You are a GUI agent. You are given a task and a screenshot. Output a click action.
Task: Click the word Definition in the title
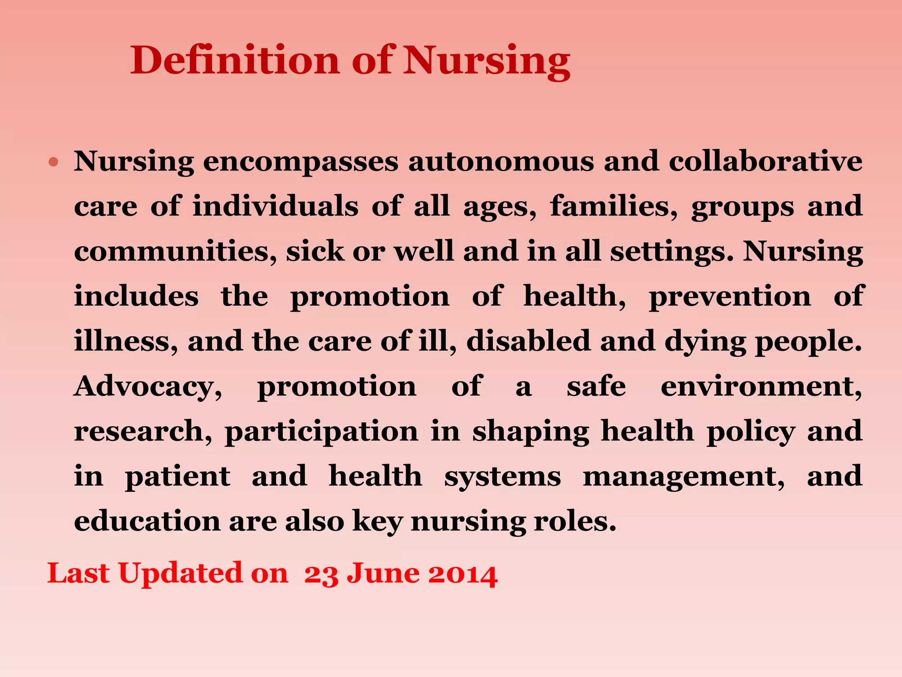point(235,60)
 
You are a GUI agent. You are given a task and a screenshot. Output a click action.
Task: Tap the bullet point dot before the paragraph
point(54,162)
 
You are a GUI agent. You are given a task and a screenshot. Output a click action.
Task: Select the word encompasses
point(300,162)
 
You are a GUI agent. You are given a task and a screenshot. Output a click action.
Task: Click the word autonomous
point(501,162)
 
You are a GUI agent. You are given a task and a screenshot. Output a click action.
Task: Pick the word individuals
point(275,206)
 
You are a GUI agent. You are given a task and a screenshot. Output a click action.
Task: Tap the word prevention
point(730,296)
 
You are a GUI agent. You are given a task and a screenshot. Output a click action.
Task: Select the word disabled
point(528,341)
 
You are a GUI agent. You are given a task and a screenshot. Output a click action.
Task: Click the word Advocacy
point(148,387)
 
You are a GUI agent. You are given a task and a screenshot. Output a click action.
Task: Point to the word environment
point(761,387)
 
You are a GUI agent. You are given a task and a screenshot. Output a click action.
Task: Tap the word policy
point(751,432)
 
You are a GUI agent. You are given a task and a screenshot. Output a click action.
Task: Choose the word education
point(147,521)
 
